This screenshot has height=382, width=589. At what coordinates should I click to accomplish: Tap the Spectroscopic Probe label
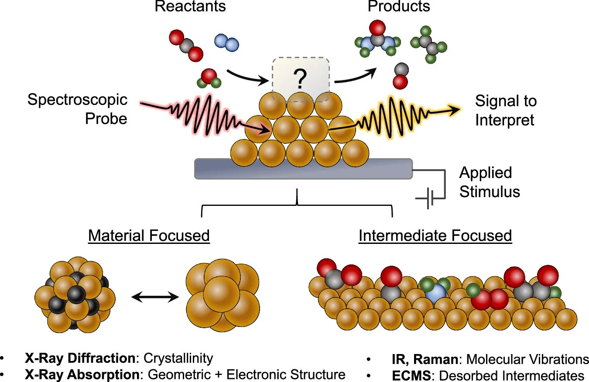point(77,109)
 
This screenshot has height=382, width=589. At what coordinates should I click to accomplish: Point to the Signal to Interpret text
point(506,111)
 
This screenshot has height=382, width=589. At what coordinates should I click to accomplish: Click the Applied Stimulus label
point(489,182)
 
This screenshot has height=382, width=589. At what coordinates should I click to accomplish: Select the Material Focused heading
point(149,236)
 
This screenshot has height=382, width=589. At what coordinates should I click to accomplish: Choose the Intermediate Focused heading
point(435,236)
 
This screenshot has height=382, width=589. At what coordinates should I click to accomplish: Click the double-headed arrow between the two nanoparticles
point(155,297)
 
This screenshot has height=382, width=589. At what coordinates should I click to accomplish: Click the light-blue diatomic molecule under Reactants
point(226,43)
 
